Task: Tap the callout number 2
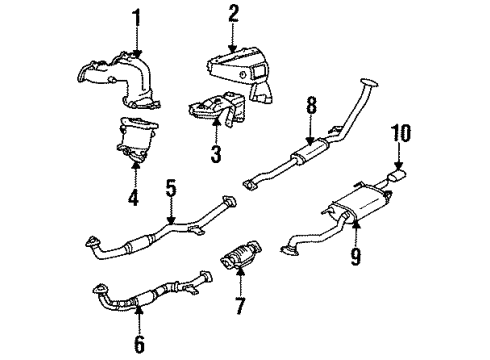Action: pos(233,13)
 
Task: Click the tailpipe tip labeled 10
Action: pos(397,178)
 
